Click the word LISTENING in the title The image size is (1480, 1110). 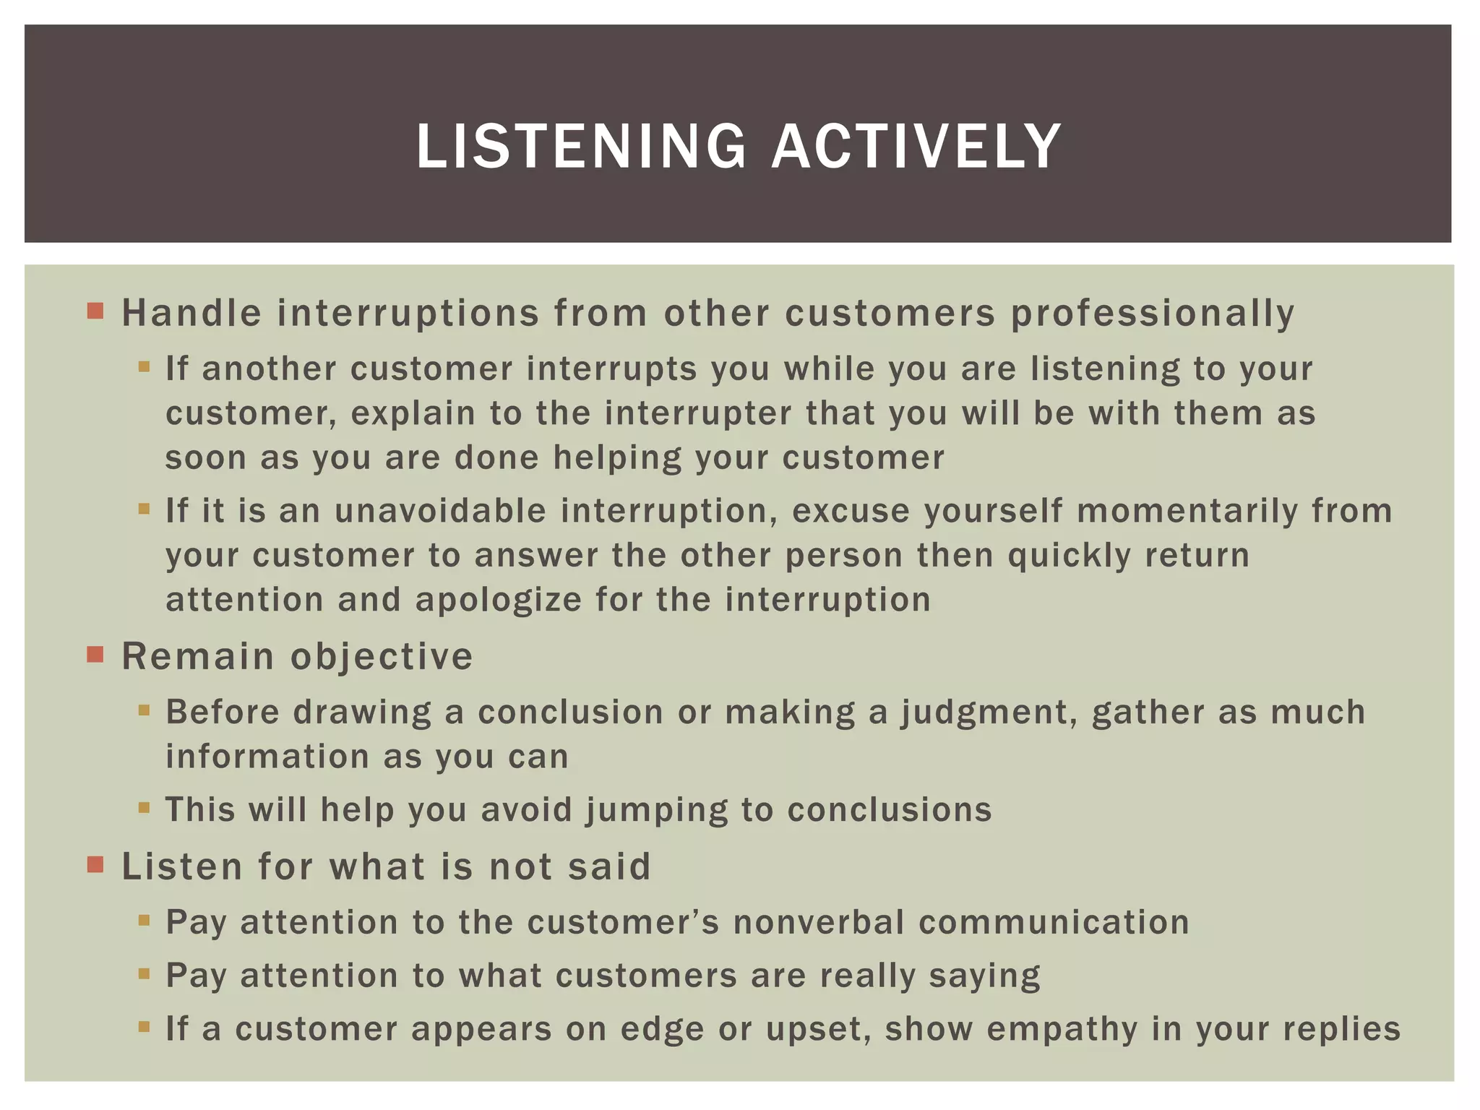(x=581, y=147)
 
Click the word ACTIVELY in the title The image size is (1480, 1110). (x=916, y=147)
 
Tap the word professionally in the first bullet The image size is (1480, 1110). (x=1152, y=314)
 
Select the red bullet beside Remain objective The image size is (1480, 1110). (x=95, y=655)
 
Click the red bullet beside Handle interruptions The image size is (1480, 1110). (x=95, y=311)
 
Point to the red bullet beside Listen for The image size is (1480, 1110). (x=95, y=864)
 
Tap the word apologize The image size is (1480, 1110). (x=498, y=600)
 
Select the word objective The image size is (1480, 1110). (x=382, y=657)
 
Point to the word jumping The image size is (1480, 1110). (x=656, y=810)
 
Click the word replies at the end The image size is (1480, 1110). (x=1341, y=1029)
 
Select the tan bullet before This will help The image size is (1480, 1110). (x=144, y=807)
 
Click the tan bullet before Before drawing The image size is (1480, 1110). (x=144, y=710)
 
